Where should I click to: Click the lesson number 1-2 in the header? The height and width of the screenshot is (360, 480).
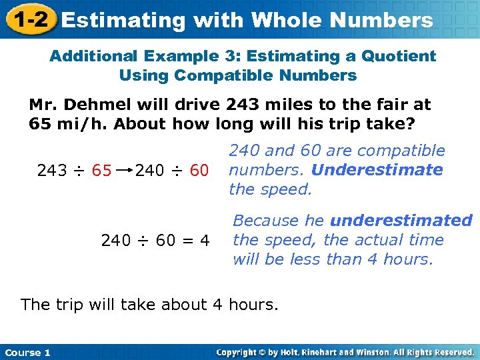click(x=29, y=19)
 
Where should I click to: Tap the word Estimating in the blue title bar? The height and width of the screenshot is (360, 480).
click(x=123, y=20)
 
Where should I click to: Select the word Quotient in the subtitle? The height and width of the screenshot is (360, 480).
click(x=400, y=56)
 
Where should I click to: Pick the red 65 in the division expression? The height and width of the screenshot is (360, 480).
click(x=101, y=171)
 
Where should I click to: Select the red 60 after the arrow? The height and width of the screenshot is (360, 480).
click(x=199, y=171)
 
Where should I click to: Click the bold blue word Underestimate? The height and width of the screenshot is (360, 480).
click(x=377, y=170)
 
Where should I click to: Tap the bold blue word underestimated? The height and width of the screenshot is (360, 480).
click(x=401, y=221)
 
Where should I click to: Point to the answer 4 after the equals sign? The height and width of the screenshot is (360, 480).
click(x=205, y=240)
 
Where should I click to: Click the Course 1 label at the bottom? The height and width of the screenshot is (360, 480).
click(x=27, y=352)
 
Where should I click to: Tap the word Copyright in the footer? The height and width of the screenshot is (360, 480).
click(x=239, y=352)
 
